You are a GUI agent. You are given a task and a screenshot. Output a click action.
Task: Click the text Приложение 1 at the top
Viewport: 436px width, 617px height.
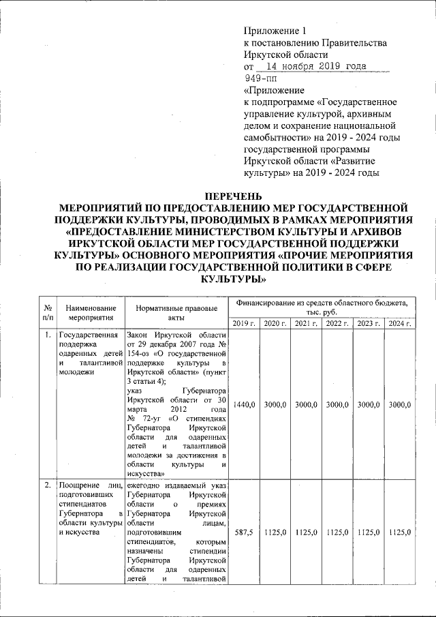pos(276,31)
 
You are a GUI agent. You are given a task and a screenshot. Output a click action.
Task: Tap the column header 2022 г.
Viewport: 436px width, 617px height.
pos(337,323)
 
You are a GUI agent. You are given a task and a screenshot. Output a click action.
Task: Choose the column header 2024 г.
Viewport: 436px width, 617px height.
pos(399,323)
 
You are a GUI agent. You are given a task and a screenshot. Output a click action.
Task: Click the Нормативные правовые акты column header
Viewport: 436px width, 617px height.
pos(177,313)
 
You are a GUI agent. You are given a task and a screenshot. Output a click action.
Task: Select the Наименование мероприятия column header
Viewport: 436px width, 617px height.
pos(90,313)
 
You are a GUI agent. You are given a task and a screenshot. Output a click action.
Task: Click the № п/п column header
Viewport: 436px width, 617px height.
pos(48,312)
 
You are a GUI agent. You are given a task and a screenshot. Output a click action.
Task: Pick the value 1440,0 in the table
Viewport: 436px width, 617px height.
pos(244,405)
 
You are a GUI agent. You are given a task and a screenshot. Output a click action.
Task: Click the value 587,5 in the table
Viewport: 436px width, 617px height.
pos(244,532)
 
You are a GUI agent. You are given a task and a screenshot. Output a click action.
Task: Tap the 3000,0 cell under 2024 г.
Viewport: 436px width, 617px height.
pos(399,405)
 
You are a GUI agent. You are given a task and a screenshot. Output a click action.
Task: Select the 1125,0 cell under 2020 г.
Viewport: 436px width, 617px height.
pos(275,532)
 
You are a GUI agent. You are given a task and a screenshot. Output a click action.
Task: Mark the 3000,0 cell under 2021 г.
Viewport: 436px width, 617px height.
pos(307,405)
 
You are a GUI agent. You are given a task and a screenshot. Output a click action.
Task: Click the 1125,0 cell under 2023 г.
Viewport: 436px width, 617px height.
pos(369,532)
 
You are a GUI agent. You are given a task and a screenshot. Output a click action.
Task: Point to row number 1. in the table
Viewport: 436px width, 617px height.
pos(47,335)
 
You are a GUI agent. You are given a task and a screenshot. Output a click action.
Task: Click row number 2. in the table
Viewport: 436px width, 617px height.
pos(47,485)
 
